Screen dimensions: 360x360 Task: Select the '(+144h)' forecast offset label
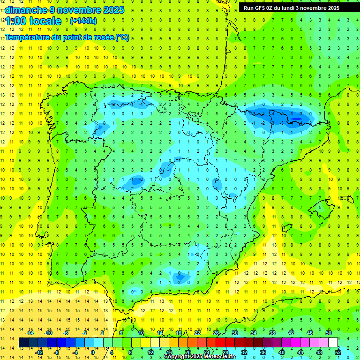click(83, 21)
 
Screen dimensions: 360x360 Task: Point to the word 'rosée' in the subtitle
click(100, 37)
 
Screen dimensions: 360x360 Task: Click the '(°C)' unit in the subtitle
click(122, 37)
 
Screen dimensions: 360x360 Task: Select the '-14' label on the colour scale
click(30, 333)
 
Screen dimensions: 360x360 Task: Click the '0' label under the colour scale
click(93, 352)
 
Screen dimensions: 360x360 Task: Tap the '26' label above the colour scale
click(216, 333)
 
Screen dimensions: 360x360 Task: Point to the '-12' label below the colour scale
click(39, 352)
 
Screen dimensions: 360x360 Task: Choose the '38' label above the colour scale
click(272, 333)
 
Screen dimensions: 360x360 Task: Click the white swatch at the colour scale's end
click(333, 343)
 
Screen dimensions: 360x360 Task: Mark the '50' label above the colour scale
click(329, 333)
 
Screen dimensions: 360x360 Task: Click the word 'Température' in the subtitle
click(27, 37)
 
